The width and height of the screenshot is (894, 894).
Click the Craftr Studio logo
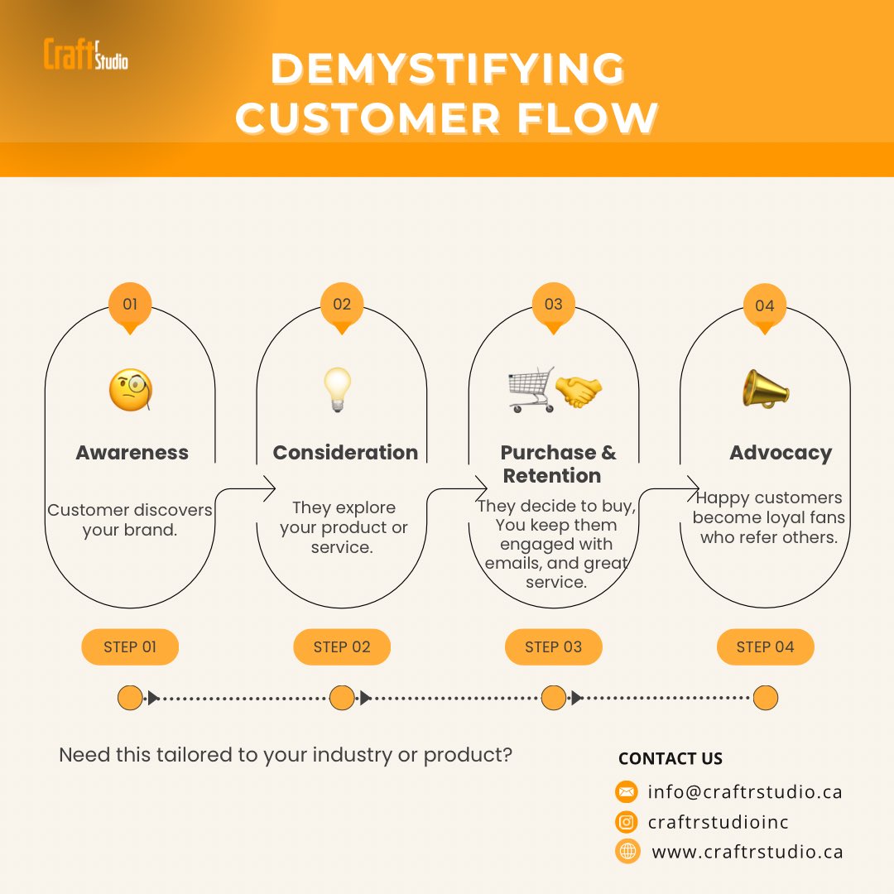pos(85,54)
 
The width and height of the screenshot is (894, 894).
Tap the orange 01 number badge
pos(130,305)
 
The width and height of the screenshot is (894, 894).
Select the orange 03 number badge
pos(554,305)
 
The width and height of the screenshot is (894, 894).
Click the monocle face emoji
pos(131,391)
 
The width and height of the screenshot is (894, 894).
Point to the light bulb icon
pos(338,390)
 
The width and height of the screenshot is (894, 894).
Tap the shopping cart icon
pos(531,390)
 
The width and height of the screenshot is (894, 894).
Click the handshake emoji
pos(579,390)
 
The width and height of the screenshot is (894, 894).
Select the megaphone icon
pos(765,388)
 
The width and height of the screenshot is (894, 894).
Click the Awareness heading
pos(132,453)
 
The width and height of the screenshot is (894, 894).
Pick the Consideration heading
pos(345,453)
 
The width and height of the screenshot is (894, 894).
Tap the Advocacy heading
pos(781,453)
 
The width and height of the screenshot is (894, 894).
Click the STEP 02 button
pos(342,647)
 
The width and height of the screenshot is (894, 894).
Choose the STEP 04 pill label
pos(765,647)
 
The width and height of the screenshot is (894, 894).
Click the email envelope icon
pos(627,792)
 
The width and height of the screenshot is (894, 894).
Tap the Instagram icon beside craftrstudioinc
pos(627,822)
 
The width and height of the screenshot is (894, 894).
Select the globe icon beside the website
pos(627,851)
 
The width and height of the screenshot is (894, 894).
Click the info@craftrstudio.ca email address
pos(745,792)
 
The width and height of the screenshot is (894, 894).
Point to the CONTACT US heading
pos(670,759)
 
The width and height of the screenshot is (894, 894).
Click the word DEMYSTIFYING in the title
pos(447,70)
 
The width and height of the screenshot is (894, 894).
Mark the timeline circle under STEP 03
pos(554,698)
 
